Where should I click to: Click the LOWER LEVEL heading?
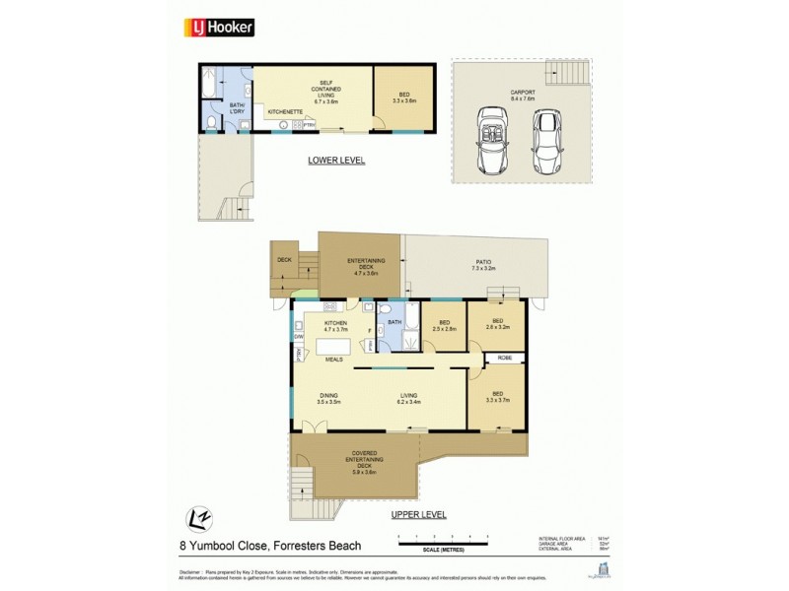[x=336, y=161]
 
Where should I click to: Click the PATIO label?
[x=482, y=264]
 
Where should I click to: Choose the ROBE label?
[x=504, y=357]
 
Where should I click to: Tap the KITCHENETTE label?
[x=287, y=113]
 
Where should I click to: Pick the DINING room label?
[x=328, y=398]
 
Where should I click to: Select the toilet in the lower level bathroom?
[x=214, y=122]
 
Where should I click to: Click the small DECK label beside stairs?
[x=285, y=260]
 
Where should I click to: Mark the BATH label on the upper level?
[x=394, y=322]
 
